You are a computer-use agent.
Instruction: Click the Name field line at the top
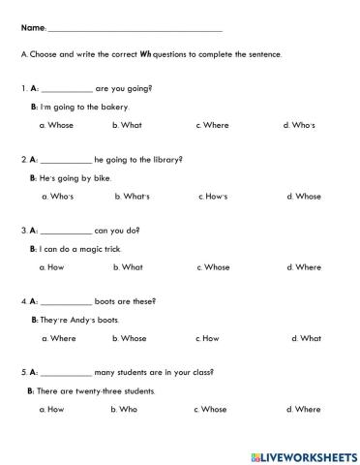click(135, 32)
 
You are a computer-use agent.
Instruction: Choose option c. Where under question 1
click(212, 125)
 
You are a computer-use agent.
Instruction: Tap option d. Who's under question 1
click(299, 125)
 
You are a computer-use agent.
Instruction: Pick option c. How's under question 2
click(213, 197)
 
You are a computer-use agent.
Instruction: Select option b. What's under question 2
click(132, 197)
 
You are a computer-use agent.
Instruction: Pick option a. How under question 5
click(51, 410)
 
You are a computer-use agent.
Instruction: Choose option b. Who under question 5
click(126, 410)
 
